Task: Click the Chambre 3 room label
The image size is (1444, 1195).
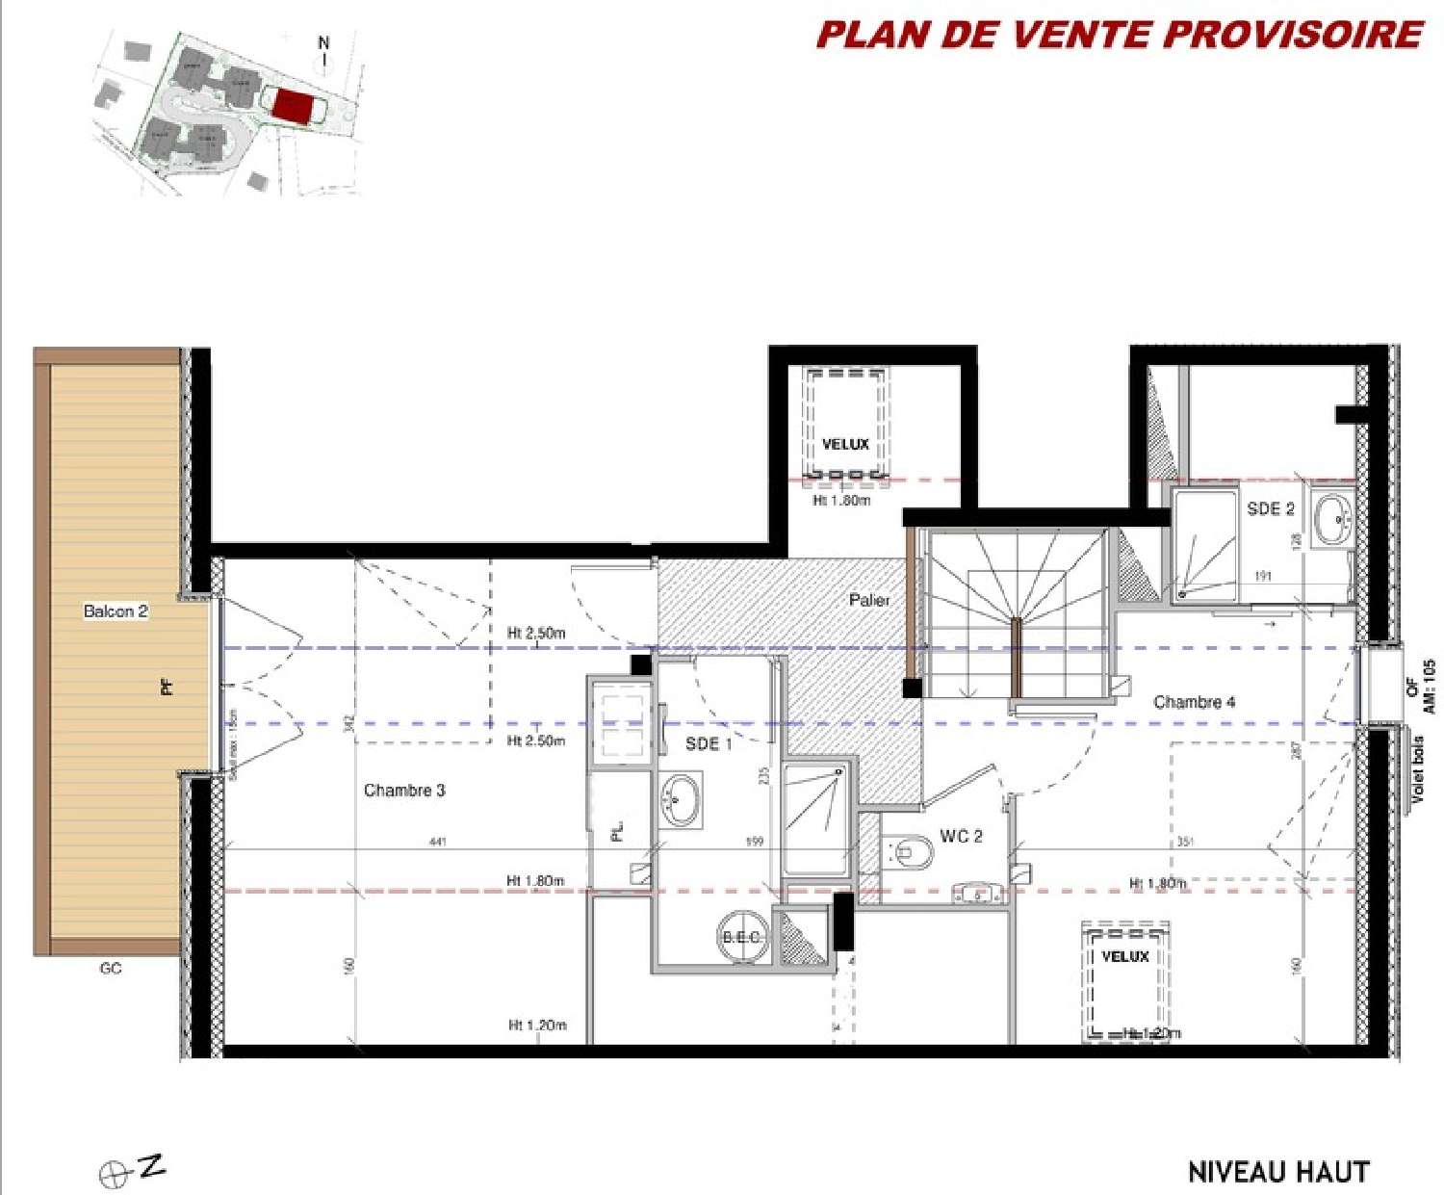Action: tap(404, 791)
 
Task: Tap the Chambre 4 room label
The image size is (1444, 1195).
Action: tap(1194, 702)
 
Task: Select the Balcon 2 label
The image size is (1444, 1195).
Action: tap(116, 611)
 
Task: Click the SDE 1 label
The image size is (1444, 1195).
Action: tap(709, 743)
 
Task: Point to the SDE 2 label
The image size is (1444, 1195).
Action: tap(1271, 508)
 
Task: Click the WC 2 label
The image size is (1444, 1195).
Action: tap(961, 836)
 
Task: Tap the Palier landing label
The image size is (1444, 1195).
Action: tap(869, 600)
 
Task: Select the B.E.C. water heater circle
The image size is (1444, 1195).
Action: tap(742, 937)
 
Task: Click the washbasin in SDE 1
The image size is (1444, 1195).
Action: tap(682, 799)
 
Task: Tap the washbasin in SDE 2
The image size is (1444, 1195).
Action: tap(1333, 519)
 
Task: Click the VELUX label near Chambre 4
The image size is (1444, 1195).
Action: tap(1124, 956)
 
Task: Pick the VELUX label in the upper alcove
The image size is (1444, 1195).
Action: tap(845, 444)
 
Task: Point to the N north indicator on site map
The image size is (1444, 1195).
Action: tap(323, 43)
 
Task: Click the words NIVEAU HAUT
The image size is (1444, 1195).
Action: tap(1278, 1172)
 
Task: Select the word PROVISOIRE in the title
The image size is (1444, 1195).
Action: tap(1293, 35)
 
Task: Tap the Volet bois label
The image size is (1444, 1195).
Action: tap(1417, 770)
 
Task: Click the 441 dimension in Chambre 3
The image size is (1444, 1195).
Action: tap(437, 842)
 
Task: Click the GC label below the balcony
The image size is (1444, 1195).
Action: tap(111, 968)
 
